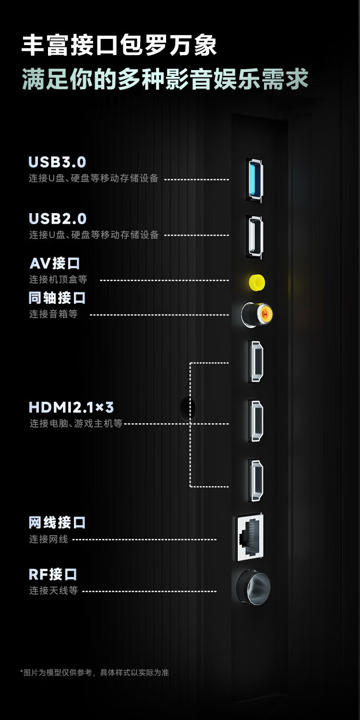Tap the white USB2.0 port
254,237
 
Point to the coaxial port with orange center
257,314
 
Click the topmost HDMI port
255,361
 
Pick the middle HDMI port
255,421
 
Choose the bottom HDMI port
255,480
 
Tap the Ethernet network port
249,538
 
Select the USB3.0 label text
58,162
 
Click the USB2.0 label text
58,219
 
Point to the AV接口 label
55,264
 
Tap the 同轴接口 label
57,298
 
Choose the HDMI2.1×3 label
71,408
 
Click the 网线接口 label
57,522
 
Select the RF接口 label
53,574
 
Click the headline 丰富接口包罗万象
119,46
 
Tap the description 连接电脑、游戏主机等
76,424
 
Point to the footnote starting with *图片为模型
94,672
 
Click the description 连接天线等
53,590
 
